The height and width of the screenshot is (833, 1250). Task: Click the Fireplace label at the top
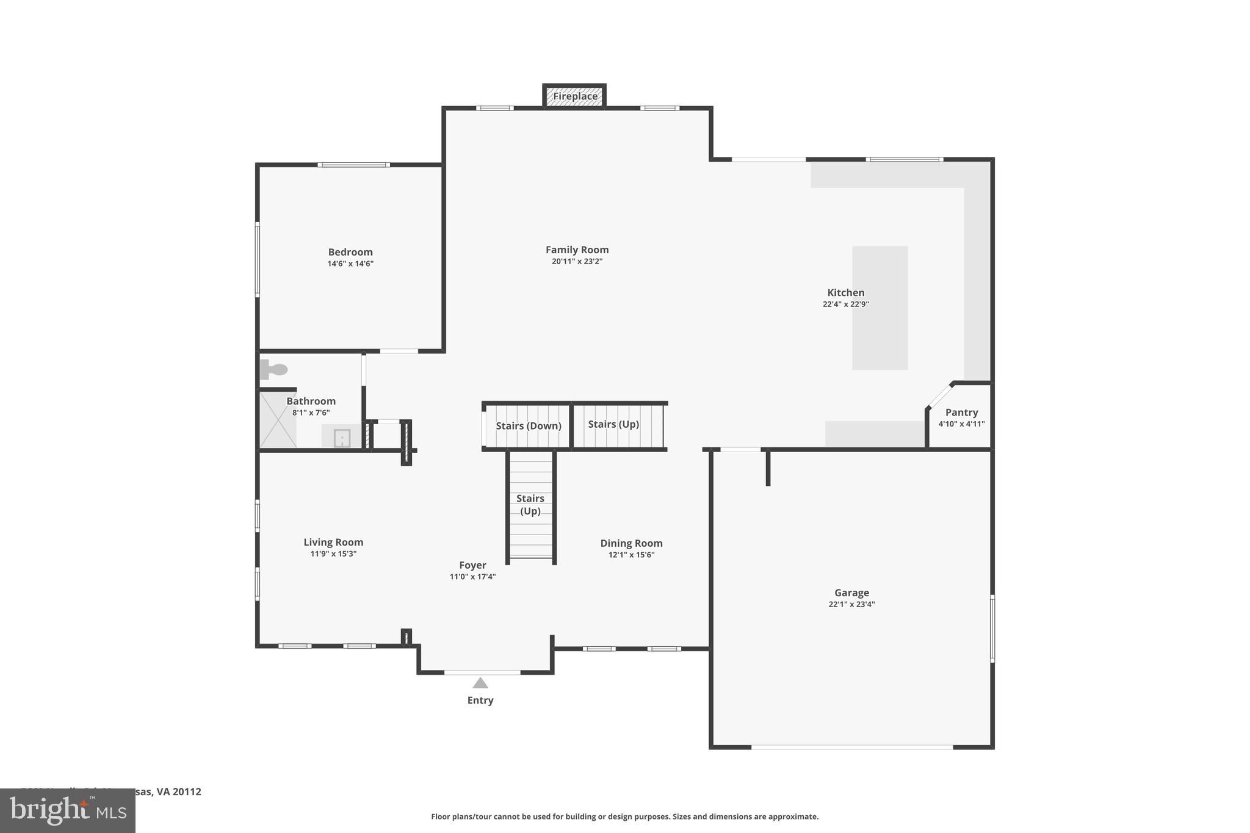pos(575,96)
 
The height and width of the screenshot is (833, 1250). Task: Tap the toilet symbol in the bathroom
pos(274,369)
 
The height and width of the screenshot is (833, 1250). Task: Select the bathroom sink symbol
pos(342,438)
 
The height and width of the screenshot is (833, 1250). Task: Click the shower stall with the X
pos(278,419)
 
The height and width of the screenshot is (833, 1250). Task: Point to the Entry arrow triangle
pos(480,683)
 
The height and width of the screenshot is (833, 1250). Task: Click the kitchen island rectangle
pos(880,308)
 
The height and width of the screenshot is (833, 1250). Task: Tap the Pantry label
pos(961,413)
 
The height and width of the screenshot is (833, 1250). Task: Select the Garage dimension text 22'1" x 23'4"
pos(851,604)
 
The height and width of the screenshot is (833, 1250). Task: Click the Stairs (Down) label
pos(528,425)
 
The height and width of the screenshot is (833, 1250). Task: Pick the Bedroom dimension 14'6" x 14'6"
pos(350,264)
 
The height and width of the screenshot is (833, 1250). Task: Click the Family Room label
pos(577,250)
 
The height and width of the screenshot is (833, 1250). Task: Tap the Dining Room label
pos(631,543)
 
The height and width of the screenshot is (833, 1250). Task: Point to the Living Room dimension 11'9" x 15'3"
pos(333,554)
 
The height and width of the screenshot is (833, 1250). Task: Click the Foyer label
pos(472,565)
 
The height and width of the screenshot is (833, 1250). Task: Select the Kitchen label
pos(845,292)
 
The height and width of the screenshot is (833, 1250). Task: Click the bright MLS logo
pos(68,810)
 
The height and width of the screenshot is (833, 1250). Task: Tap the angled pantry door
pos(939,395)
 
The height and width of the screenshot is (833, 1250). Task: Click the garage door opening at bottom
pos(851,746)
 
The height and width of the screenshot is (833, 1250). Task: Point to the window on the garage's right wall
pos(992,629)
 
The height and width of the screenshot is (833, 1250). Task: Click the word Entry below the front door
pos(480,700)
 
